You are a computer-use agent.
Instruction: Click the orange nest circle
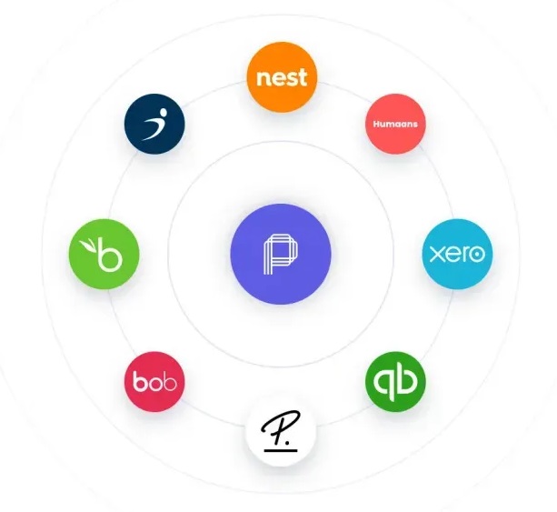coord(282,77)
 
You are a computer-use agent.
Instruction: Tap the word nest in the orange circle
coord(282,77)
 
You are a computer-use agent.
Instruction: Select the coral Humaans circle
coord(395,124)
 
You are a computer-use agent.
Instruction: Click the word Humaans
coord(395,124)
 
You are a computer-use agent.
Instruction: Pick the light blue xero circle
coord(457,254)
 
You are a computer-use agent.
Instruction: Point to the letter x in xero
coord(436,255)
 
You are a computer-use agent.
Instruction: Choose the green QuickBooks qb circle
coord(395,381)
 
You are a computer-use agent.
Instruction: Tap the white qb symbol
coord(395,383)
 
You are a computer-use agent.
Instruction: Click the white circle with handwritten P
coord(281,431)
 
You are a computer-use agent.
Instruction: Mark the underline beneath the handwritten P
coord(281,450)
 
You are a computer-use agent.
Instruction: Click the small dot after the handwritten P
coord(287,443)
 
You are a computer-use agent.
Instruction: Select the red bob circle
coord(154,382)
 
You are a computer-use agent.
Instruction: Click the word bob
coord(154,381)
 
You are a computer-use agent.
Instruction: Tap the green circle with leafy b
coord(104,254)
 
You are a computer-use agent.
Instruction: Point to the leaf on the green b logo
coord(88,246)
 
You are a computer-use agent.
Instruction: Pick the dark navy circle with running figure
coord(154,124)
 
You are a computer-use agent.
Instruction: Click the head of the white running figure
coord(163,113)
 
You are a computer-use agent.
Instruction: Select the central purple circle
coord(281,254)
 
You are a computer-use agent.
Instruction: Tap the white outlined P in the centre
coord(281,255)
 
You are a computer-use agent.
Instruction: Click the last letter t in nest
coord(303,77)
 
